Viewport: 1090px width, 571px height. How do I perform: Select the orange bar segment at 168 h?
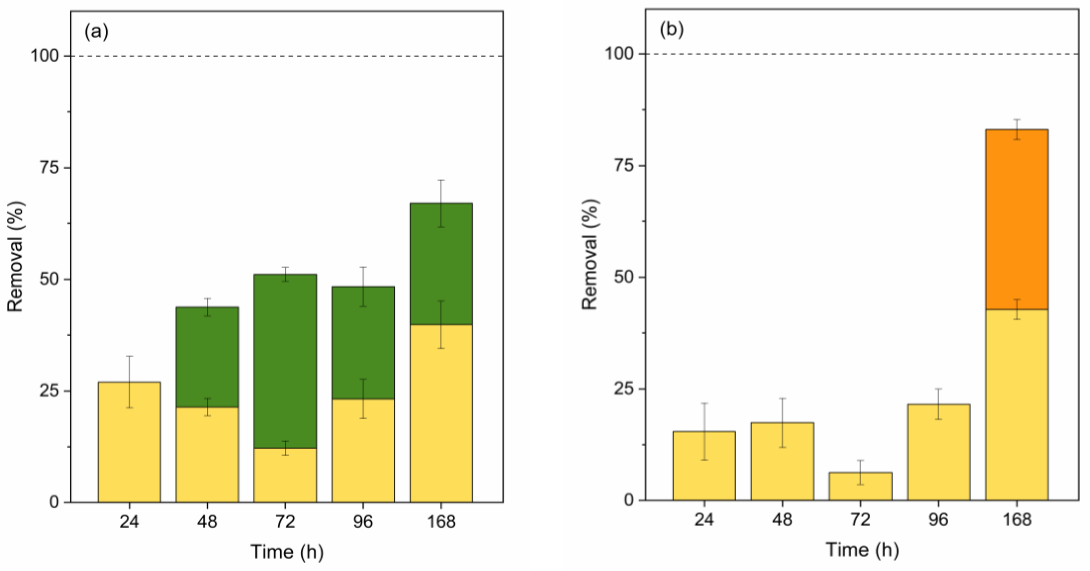coord(1016,220)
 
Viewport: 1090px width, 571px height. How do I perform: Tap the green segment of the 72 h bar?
coord(285,360)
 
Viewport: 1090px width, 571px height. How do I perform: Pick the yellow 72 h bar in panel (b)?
coord(860,486)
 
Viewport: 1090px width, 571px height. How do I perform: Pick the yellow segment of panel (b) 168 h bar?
coord(1016,406)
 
